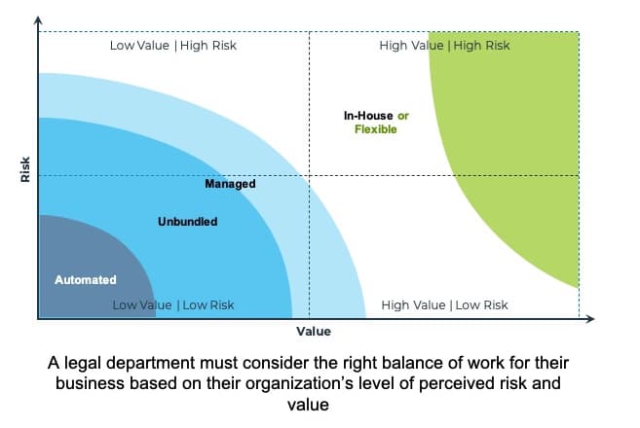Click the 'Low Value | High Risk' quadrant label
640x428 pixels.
pyautogui.click(x=172, y=45)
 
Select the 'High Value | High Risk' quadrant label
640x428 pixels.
pyautogui.click(x=444, y=45)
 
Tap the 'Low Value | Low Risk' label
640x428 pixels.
pyautogui.click(x=172, y=304)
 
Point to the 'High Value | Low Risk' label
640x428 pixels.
pyautogui.click(x=444, y=304)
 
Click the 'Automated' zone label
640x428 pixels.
pyautogui.click(x=85, y=280)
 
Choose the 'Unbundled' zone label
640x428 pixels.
pyautogui.click(x=187, y=222)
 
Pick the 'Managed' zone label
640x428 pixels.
pyautogui.click(x=230, y=184)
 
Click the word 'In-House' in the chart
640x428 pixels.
pyautogui.click(x=368, y=116)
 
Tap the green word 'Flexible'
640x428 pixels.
pyautogui.click(x=375, y=129)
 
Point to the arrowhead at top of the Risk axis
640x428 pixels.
pyautogui.click(x=38, y=20)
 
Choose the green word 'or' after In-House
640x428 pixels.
pyautogui.click(x=402, y=116)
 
